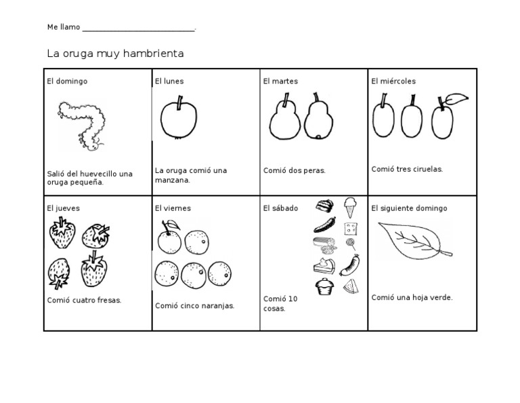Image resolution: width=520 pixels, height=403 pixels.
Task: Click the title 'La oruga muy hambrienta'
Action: tap(115, 54)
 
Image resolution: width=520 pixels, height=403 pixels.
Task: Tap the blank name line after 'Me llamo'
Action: tap(139, 31)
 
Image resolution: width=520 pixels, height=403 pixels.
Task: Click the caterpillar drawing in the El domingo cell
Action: tap(81, 126)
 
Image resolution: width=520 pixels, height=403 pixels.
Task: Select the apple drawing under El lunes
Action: tap(179, 117)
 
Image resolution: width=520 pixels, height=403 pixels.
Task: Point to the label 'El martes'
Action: tap(280, 81)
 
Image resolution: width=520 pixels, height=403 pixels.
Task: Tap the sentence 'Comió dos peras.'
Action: tap(294, 170)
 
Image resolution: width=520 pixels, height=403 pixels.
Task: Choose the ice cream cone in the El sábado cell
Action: tap(350, 208)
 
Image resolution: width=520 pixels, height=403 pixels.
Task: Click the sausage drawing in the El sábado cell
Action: tap(350, 265)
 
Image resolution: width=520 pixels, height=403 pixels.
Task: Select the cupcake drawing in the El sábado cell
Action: tap(324, 286)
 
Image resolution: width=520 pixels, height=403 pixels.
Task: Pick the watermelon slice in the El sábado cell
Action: tap(351, 286)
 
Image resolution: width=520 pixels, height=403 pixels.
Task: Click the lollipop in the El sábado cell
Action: tap(351, 244)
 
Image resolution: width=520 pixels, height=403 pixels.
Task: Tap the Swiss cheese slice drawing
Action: tap(351, 229)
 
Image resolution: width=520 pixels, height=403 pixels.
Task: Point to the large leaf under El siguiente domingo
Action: tap(414, 241)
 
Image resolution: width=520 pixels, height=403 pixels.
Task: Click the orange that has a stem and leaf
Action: tap(169, 237)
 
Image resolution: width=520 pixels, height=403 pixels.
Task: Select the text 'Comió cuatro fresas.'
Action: tap(84, 300)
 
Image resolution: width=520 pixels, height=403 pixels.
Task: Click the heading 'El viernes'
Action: tap(173, 208)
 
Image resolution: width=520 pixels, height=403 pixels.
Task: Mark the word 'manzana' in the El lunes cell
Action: tap(171, 180)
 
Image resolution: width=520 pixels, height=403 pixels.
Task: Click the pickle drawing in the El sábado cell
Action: tap(325, 225)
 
